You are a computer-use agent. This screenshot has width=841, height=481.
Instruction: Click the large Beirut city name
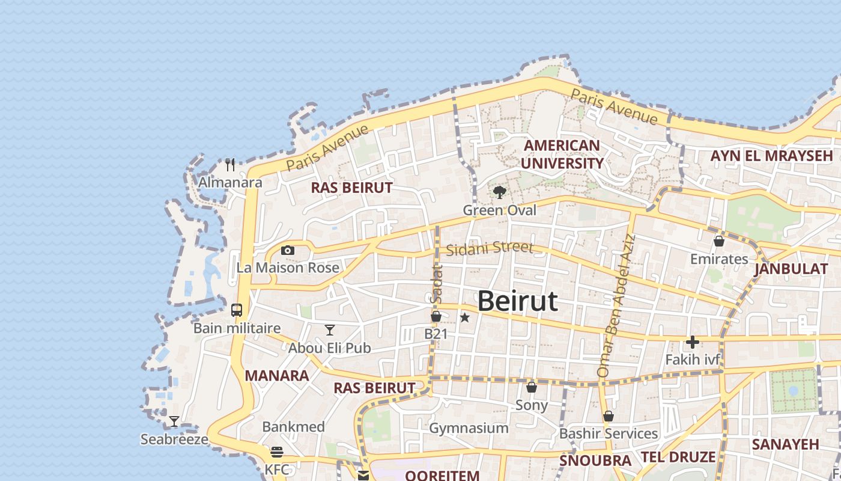(x=517, y=301)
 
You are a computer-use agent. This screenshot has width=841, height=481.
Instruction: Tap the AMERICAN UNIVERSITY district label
(x=562, y=155)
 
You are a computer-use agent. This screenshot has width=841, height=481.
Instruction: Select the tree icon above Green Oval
(x=499, y=192)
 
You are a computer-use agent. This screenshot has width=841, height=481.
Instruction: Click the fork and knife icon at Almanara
(x=230, y=164)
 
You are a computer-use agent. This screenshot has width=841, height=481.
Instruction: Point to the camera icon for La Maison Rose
(x=288, y=250)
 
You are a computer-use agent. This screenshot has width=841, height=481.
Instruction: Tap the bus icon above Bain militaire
(x=237, y=310)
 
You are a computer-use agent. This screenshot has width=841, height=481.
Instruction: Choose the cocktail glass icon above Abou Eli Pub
(x=329, y=329)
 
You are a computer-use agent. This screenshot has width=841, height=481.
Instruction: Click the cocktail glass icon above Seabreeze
(x=174, y=421)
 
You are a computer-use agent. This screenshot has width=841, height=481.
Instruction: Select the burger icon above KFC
(x=277, y=452)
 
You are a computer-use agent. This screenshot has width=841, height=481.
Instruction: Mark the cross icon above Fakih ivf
(x=692, y=342)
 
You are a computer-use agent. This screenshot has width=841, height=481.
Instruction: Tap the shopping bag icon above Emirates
(x=718, y=241)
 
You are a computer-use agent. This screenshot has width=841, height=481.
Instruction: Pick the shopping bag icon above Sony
(x=532, y=387)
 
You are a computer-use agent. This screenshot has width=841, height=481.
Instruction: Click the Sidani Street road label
(x=490, y=248)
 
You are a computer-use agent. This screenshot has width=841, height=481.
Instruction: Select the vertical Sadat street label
(x=436, y=284)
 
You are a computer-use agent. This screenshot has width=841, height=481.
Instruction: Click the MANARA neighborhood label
(x=277, y=376)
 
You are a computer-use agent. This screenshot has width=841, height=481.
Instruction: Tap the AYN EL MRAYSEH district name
(x=771, y=156)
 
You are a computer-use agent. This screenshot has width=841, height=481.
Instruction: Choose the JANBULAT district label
(x=791, y=269)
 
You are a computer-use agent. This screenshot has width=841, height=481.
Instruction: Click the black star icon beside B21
(x=464, y=317)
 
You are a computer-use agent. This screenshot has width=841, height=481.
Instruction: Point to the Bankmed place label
(x=293, y=427)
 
